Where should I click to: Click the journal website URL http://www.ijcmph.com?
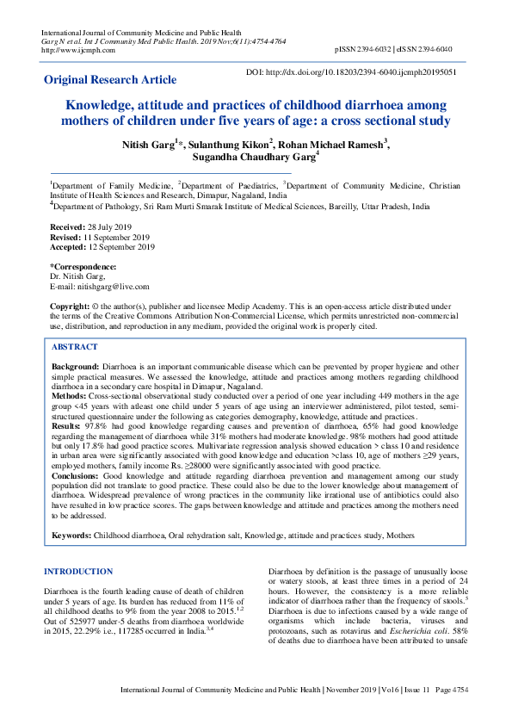79,50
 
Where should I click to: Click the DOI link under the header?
351,72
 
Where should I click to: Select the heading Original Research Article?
110,80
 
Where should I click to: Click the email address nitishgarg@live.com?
100,287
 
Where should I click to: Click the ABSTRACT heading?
75,346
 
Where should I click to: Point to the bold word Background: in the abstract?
75,367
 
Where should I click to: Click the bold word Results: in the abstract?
67,425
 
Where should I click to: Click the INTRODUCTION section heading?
78,572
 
